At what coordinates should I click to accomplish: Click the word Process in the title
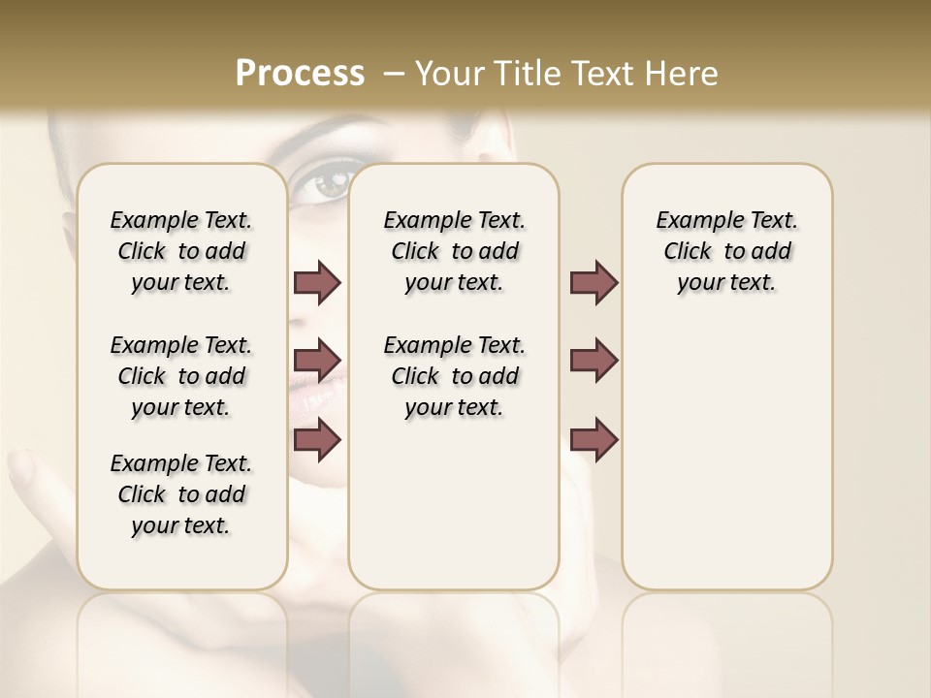300,74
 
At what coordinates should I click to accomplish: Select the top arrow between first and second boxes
317,283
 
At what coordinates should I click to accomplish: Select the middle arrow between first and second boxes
317,361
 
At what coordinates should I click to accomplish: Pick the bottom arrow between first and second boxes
317,439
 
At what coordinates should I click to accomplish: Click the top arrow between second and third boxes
594,283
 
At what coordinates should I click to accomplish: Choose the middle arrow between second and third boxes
594,361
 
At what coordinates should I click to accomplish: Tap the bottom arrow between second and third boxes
594,441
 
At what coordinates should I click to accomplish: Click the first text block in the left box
181,251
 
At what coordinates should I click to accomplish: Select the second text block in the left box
181,376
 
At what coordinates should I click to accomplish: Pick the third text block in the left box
181,494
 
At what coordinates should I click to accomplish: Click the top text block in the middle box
454,251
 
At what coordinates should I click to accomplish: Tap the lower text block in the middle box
454,376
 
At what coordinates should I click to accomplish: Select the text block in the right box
727,251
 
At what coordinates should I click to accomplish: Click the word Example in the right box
694,221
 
